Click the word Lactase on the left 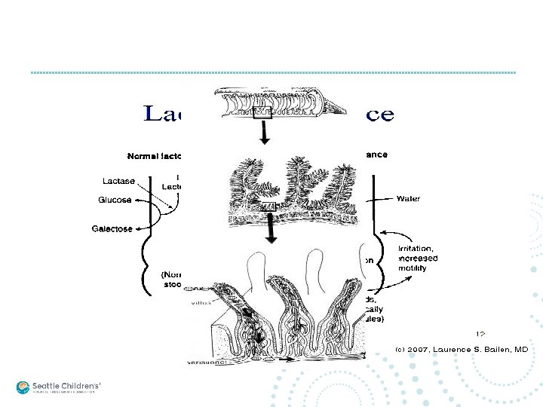(119, 181)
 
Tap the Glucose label (115, 200)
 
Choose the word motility (413, 267)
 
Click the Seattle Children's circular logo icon (23, 387)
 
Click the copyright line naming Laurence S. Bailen (462, 350)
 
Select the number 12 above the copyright (480, 332)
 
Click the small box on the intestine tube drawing (262, 114)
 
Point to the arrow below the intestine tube (263, 134)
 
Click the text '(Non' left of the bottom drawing (173, 276)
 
